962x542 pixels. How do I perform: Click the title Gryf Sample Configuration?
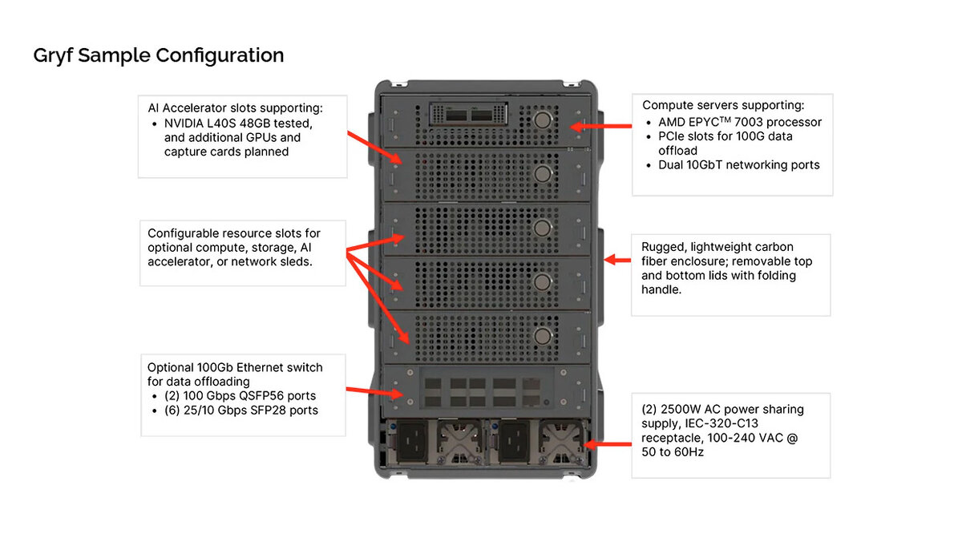point(158,55)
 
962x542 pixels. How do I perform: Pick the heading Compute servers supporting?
point(723,105)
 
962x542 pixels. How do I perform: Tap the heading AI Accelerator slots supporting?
point(235,107)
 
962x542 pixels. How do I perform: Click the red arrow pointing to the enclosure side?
point(615,260)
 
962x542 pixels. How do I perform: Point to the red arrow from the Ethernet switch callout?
point(374,392)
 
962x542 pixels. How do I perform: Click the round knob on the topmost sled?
point(543,121)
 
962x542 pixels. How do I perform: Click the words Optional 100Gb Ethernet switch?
point(235,367)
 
